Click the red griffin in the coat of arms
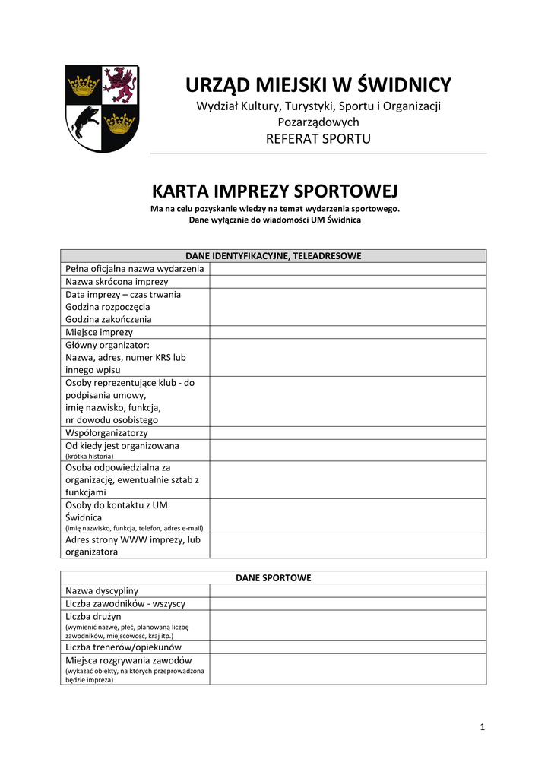point(120,84)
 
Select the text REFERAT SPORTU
point(318,138)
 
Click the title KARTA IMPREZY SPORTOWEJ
point(274,190)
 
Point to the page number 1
point(482,727)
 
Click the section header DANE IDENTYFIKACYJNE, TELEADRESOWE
point(274,256)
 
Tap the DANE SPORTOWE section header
point(274,577)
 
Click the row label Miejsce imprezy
point(99,332)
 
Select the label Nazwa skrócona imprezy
point(117,281)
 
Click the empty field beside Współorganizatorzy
point(347,433)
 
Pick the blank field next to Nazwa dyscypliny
point(347,590)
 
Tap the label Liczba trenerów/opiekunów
point(124,647)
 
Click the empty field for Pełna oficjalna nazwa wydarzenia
point(347,268)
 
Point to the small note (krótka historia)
point(90,456)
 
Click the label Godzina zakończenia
point(108,319)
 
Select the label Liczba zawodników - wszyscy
point(125,603)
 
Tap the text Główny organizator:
point(107,344)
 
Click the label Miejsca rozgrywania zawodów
point(128,660)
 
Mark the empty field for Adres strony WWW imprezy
point(347,546)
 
